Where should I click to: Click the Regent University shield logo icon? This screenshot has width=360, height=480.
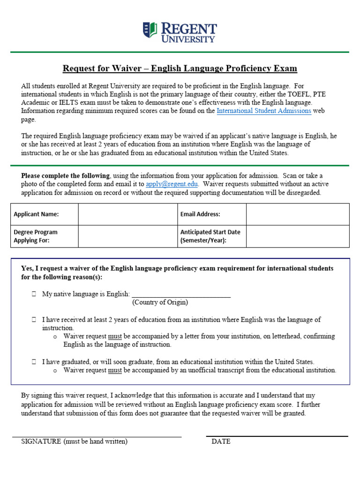click(150, 30)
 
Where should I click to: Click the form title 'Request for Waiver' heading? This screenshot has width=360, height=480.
click(180, 69)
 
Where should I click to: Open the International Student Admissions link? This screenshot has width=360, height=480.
click(264, 111)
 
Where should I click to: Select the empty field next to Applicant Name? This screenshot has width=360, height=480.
click(127, 214)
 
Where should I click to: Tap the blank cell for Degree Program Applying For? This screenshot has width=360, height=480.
click(127, 236)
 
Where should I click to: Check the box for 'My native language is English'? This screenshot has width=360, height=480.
click(34, 294)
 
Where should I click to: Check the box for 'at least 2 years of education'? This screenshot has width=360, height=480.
click(34, 320)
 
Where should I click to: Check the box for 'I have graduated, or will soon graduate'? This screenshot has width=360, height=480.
click(34, 362)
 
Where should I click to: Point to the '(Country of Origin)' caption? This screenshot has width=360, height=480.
click(160, 302)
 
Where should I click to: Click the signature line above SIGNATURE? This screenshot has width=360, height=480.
click(97, 436)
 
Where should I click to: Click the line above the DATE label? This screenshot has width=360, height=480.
click(277, 435)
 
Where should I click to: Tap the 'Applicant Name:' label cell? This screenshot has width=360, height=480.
click(45, 214)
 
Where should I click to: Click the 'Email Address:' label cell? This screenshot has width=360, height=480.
click(211, 214)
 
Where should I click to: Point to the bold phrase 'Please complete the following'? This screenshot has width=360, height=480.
click(65, 176)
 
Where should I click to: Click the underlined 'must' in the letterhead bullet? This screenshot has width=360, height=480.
click(115, 337)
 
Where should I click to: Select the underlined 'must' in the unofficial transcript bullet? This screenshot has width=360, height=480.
click(115, 370)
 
